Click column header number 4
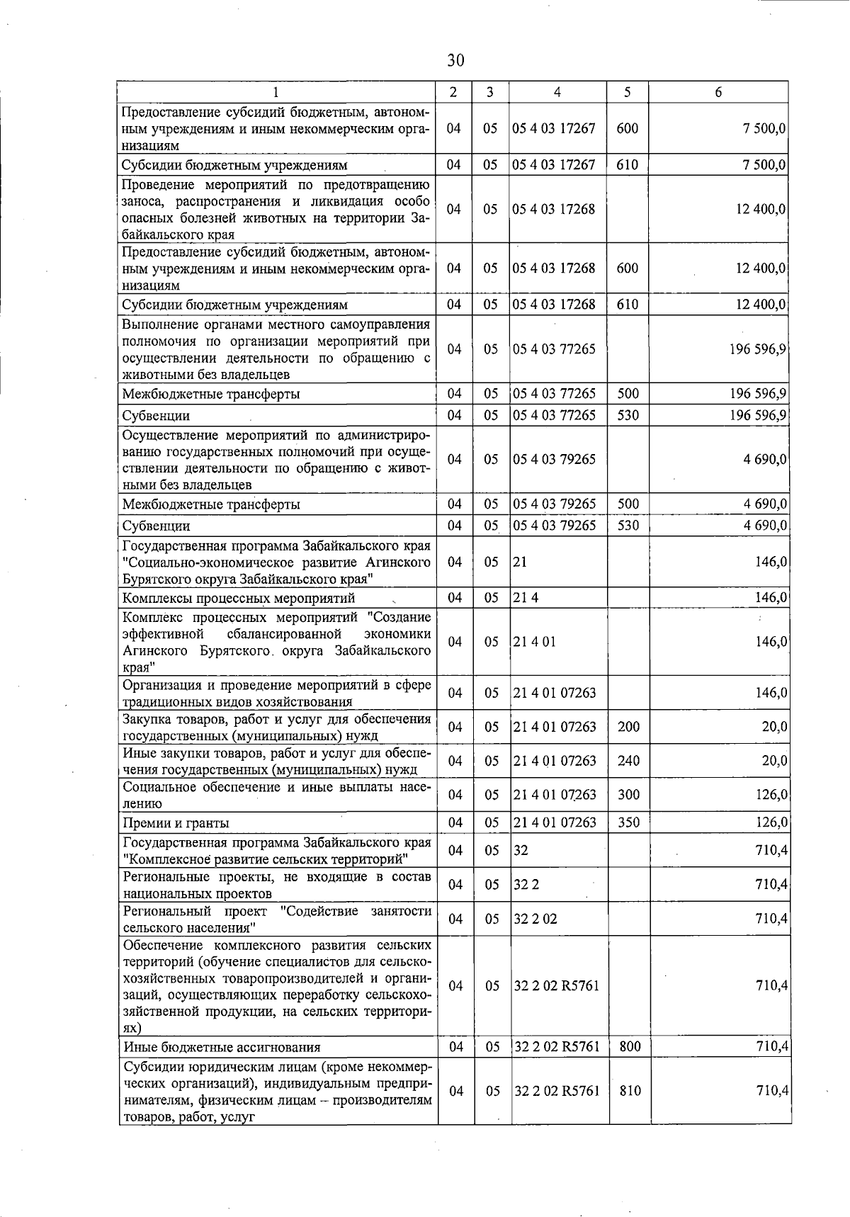point(557,92)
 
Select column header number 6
point(718,92)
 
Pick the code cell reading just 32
point(521,850)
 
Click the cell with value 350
point(628,822)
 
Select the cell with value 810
point(630,1091)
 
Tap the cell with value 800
point(630,1047)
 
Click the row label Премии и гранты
point(176,823)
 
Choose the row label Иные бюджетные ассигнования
point(222,1048)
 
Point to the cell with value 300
point(628,795)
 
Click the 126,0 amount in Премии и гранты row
point(771,822)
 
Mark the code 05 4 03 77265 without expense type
point(554,349)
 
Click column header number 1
point(276,92)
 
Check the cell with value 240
point(628,761)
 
